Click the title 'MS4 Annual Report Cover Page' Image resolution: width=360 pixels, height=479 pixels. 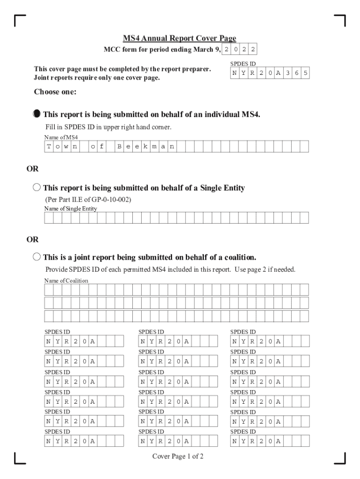179,38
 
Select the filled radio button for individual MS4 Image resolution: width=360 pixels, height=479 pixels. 37,114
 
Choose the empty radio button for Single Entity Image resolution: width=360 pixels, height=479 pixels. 37,188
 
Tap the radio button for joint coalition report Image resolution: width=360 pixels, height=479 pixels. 37,257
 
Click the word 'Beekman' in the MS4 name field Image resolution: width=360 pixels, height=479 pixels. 145,147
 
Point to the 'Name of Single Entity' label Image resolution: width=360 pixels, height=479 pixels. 71,209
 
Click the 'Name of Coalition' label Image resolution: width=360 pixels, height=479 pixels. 66,280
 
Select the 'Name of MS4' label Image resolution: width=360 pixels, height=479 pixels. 61,138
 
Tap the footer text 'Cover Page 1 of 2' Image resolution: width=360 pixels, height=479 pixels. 178,457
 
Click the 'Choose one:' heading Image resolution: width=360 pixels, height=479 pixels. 55,92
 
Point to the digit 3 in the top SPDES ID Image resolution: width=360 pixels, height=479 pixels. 288,73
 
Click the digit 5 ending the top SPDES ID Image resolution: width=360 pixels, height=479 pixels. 305,73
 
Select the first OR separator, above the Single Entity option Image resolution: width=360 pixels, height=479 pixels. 32,168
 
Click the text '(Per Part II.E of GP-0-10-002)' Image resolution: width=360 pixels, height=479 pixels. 88,200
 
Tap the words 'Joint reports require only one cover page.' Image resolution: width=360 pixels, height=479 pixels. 97,78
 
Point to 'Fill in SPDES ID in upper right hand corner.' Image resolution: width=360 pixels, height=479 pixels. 108,127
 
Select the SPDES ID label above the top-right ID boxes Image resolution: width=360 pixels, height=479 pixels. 243,64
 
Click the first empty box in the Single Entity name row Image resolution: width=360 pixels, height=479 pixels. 49,218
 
